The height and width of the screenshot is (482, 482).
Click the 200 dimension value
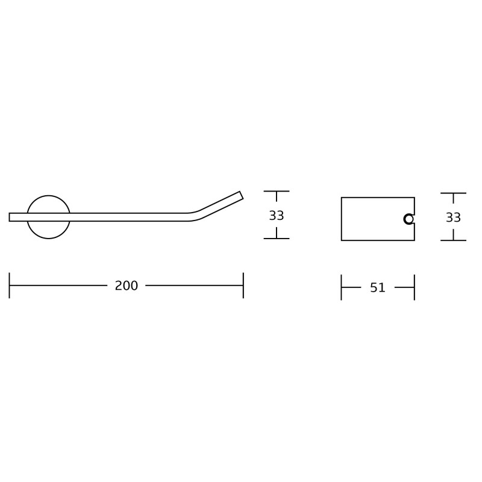coord(127,286)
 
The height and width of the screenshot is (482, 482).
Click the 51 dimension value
coord(378,288)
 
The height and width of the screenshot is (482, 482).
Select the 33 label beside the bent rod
coord(277,216)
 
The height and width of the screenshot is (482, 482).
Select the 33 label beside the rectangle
coord(453,218)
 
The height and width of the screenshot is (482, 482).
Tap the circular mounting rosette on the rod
coord(49,196)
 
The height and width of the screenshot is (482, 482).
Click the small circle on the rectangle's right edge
coord(409,219)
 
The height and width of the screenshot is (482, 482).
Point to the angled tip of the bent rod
coord(242,195)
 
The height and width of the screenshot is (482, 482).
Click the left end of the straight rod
coord(9,217)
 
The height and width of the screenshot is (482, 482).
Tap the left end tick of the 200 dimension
coord(9,285)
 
